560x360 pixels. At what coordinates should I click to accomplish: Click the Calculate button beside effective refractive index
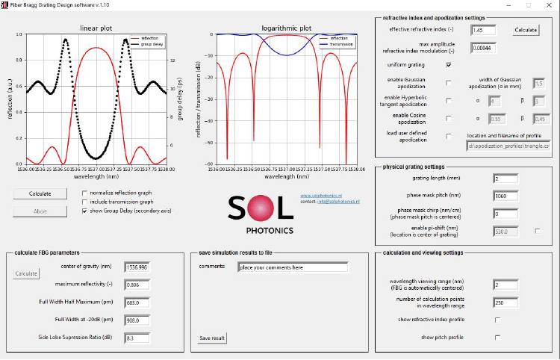click(526, 31)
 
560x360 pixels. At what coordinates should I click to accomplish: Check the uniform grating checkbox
click(448, 65)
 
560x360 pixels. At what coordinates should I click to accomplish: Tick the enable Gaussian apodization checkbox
click(448, 82)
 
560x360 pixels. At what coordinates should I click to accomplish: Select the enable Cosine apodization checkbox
click(448, 118)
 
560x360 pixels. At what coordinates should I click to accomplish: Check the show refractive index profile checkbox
click(497, 320)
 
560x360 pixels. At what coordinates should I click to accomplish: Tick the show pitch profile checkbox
click(497, 338)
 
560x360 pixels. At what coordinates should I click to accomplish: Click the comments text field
click(292, 267)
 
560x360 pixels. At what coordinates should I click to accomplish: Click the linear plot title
click(96, 28)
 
